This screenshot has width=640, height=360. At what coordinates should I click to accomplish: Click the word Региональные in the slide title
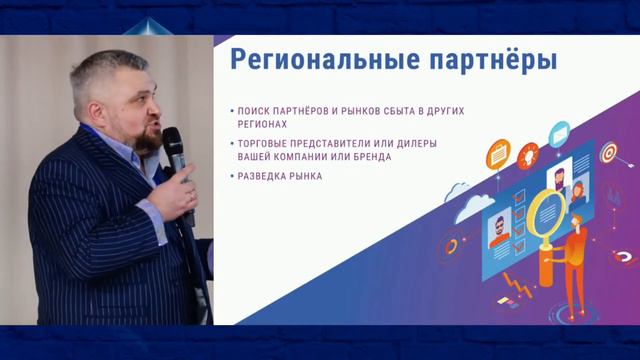click(x=312, y=59)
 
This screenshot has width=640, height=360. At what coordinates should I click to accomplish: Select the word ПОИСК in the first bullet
click(x=255, y=110)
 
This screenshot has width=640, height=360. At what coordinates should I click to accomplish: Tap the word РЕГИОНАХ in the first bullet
click(x=262, y=125)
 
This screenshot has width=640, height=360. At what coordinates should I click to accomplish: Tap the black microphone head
click(x=173, y=139)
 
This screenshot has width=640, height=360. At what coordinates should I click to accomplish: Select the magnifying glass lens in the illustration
click(x=546, y=211)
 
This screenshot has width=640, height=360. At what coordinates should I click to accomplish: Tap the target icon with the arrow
click(x=608, y=153)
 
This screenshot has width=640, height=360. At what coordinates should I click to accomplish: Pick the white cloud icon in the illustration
click(x=460, y=189)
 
